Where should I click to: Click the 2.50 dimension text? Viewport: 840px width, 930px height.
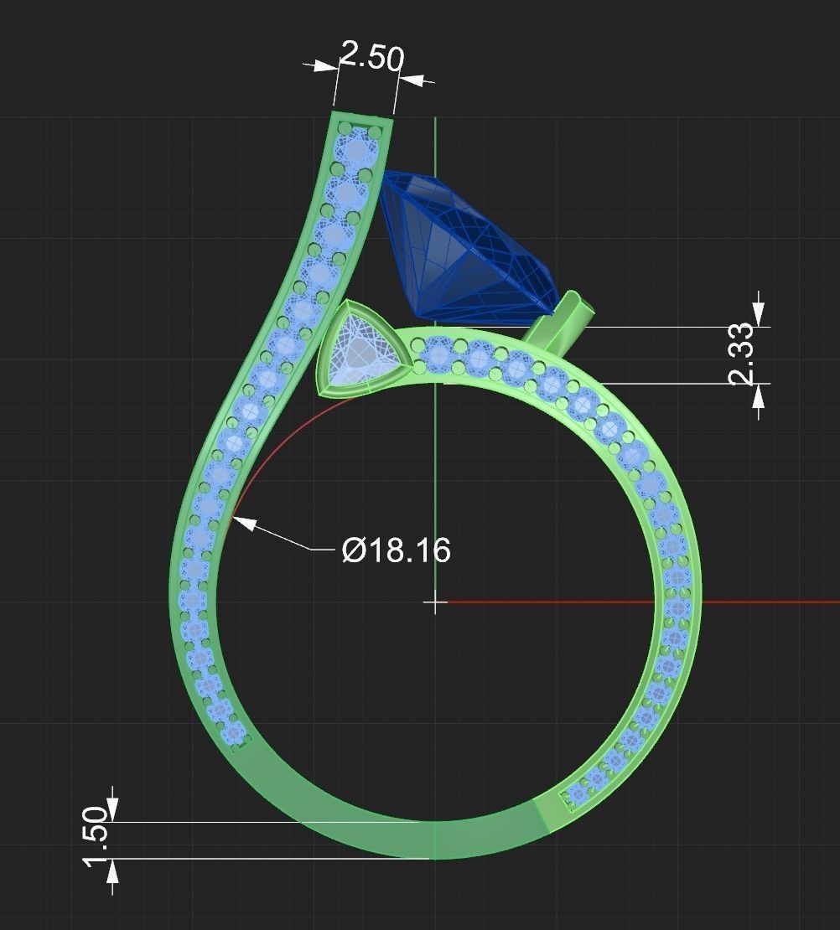371,58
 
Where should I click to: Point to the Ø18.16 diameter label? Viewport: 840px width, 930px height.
397,550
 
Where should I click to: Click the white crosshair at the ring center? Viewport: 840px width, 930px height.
435,602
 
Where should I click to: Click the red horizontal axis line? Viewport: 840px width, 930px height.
754,602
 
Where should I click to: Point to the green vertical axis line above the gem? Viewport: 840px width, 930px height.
435,142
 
